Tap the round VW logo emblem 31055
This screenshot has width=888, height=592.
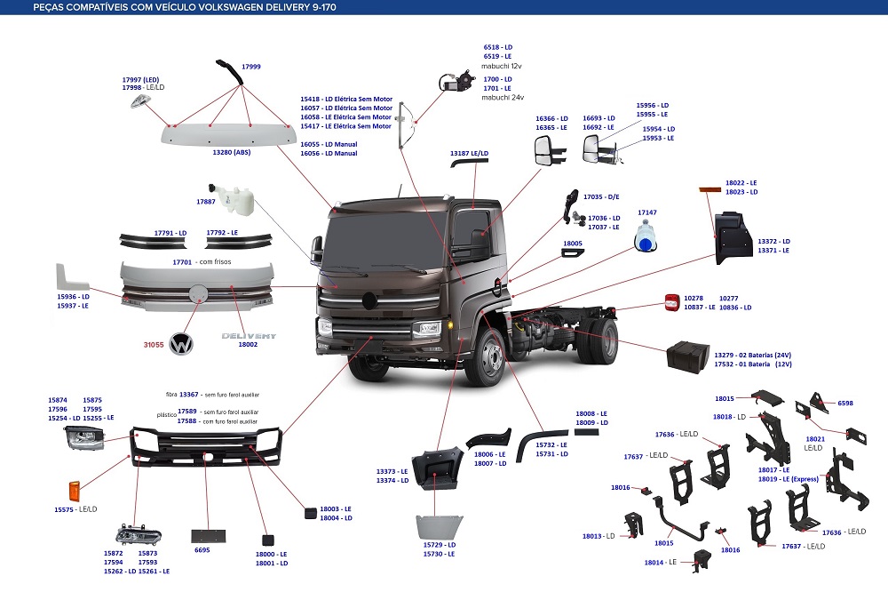(x=183, y=343)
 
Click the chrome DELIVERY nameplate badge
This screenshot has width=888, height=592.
(x=249, y=337)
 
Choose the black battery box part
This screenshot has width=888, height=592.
(x=690, y=357)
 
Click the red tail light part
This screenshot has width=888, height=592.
(x=672, y=302)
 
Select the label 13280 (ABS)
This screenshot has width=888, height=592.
(x=231, y=154)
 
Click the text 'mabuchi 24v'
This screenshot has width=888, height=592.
(x=503, y=97)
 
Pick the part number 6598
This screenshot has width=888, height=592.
(x=845, y=403)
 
